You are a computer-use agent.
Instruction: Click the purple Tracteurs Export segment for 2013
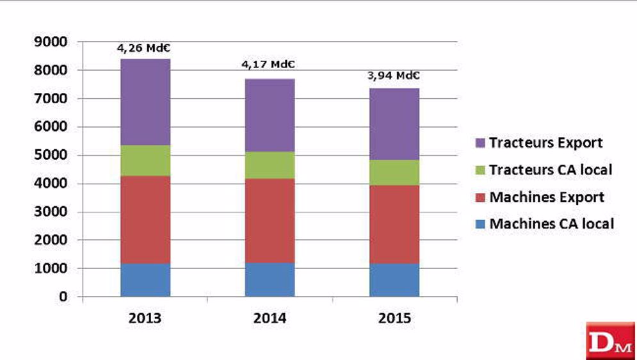tap(145, 102)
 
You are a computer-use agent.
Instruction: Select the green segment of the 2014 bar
tap(270, 165)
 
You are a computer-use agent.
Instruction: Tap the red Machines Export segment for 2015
tap(394, 224)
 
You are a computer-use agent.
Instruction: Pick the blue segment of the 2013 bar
tap(145, 280)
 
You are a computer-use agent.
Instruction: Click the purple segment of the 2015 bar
tap(394, 124)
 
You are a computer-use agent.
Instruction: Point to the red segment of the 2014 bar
tap(270, 220)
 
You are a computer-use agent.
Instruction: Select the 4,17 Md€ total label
tap(268, 64)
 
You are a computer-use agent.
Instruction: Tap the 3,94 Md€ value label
tap(392, 75)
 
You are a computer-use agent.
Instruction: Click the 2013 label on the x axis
tap(145, 318)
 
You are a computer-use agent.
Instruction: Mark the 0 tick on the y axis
tap(64, 297)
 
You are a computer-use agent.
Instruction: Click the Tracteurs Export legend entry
tap(545, 142)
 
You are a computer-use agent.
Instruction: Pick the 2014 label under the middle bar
tap(270, 318)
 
